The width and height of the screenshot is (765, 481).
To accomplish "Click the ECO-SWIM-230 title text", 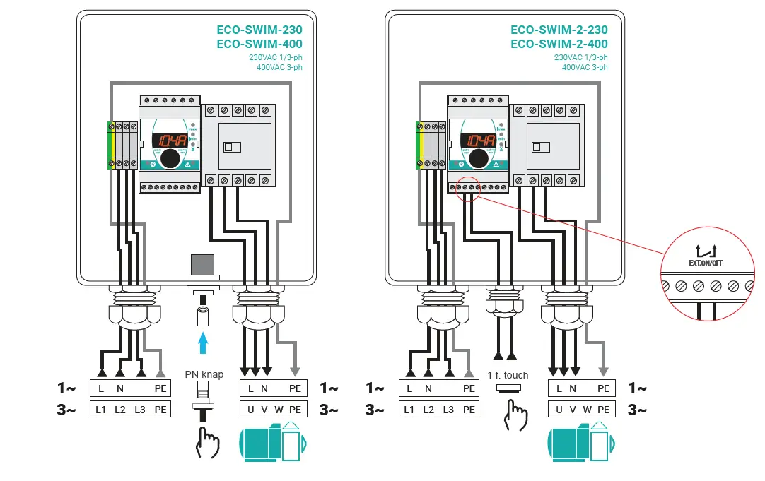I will [x=259, y=30].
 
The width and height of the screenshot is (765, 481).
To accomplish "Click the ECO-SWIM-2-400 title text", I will [x=559, y=44].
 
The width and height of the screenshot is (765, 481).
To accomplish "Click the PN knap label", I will [x=204, y=374].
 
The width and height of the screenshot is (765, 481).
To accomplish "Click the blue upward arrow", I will [x=204, y=342].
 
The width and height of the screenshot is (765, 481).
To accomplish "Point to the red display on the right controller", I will [x=478, y=140].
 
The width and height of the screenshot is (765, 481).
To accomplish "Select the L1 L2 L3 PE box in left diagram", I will [x=130, y=409].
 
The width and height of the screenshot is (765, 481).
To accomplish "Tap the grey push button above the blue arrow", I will [x=204, y=265].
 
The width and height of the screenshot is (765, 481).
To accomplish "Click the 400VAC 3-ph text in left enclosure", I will [x=279, y=68].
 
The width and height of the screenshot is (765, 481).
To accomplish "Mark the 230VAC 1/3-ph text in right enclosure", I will [x=580, y=57].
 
